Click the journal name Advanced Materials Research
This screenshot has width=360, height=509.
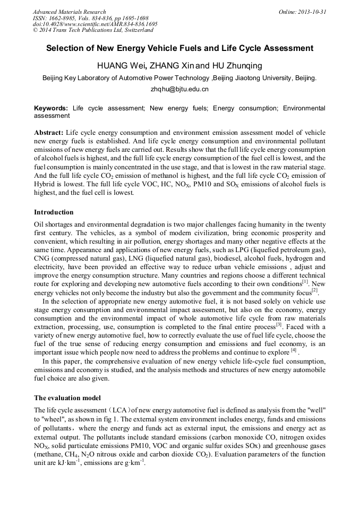tap(70, 12)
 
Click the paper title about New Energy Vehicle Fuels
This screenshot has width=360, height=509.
tap(179, 48)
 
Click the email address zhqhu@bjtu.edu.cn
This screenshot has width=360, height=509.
tap(179, 89)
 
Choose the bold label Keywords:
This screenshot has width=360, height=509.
tap(51, 108)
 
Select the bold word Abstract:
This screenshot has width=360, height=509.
tap(49, 132)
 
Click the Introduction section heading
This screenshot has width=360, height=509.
tap(54, 212)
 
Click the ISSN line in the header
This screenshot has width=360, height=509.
tap(91, 18)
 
